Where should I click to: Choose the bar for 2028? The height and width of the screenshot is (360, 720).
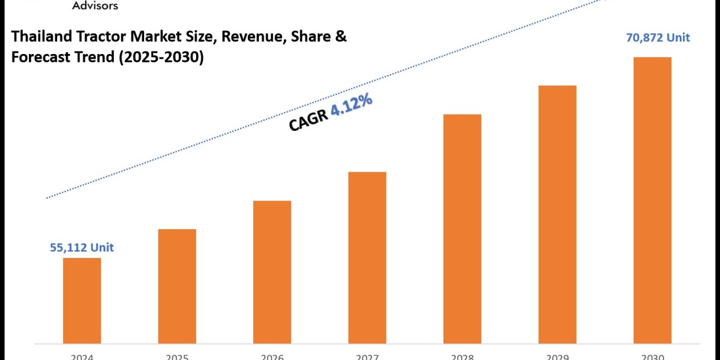[462, 228]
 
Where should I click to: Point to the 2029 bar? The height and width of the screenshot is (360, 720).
[557, 214]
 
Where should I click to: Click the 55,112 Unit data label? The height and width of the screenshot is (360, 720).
[82, 247]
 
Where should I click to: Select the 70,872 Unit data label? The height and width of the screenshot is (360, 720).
[658, 38]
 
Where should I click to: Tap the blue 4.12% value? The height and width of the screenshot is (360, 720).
[352, 107]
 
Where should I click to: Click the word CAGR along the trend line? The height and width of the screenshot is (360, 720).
[308, 121]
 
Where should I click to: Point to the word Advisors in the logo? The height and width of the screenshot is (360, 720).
[95, 5]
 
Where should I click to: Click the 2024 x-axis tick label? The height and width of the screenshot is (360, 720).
[82, 356]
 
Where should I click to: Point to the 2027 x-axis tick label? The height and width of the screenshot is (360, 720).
[367, 356]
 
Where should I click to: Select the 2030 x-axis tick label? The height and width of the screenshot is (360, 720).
[652, 356]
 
